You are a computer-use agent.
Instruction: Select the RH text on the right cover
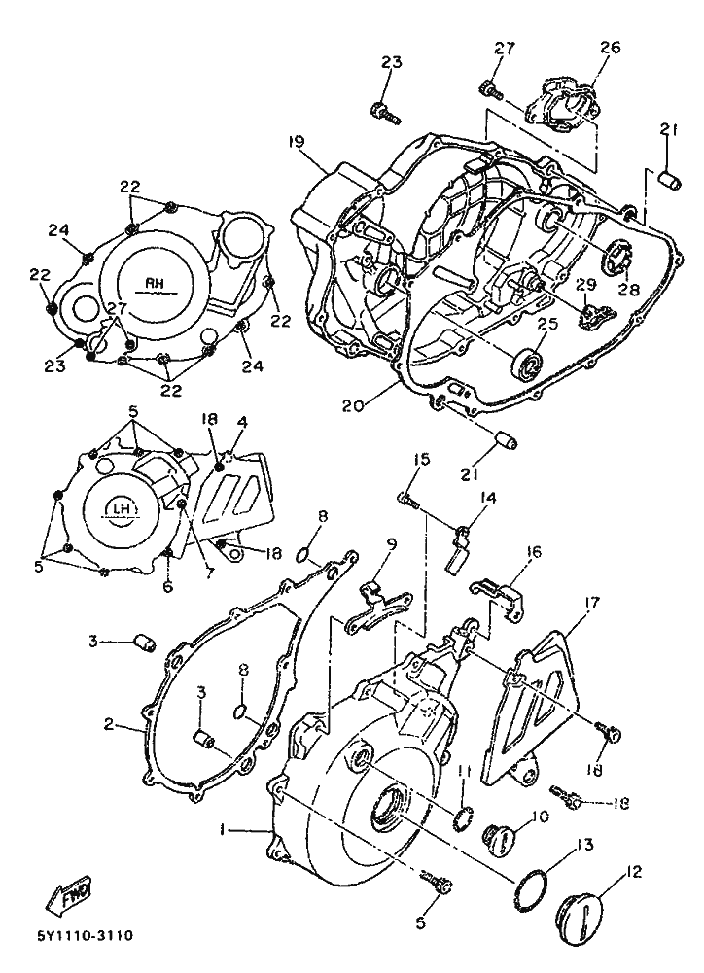point(154,282)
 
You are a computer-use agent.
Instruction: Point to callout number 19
point(297,142)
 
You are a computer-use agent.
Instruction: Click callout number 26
point(611,48)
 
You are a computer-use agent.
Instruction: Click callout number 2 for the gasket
point(108,723)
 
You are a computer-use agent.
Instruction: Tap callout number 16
point(533,552)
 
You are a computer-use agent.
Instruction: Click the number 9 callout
point(392,543)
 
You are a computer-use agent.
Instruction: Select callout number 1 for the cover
point(222,828)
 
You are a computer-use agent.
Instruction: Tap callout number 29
point(585,284)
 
